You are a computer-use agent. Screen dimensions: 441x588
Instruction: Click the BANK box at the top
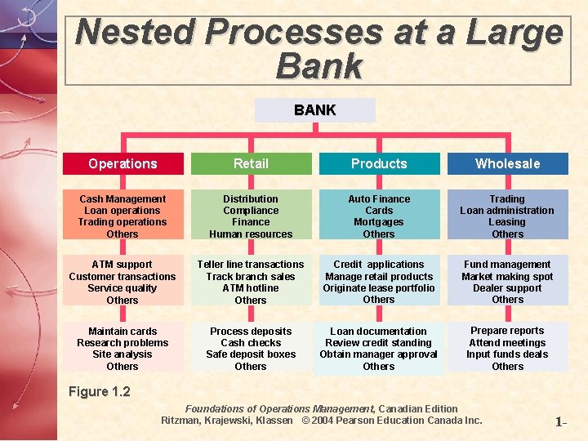tap(314, 110)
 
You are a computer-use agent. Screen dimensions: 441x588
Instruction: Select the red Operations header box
tap(122, 163)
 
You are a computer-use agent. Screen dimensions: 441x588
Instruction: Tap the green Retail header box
tap(251, 163)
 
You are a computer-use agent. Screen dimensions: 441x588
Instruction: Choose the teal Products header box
tap(379, 163)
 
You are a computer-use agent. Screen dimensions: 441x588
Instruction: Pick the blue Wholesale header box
tap(507, 163)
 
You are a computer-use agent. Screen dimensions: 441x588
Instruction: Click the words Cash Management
tap(122, 199)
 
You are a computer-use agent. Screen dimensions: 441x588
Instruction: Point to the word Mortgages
tap(379, 222)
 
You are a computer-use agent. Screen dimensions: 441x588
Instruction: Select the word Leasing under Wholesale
tap(507, 222)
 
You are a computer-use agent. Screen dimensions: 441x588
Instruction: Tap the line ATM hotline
tap(251, 288)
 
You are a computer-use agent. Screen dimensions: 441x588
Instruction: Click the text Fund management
tap(507, 265)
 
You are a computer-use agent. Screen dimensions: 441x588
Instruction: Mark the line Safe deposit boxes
tap(251, 354)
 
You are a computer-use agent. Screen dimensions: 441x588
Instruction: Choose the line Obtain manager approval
tap(379, 354)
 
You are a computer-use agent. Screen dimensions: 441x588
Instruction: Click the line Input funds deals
tap(507, 354)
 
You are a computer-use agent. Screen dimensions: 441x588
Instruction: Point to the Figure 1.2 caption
tap(100, 392)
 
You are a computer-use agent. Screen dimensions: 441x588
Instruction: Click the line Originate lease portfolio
tap(379, 288)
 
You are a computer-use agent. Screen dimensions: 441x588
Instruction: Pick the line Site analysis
tap(122, 354)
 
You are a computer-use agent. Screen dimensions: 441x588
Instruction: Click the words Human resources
tap(251, 234)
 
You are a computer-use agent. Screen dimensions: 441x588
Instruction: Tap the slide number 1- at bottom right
tap(560, 423)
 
